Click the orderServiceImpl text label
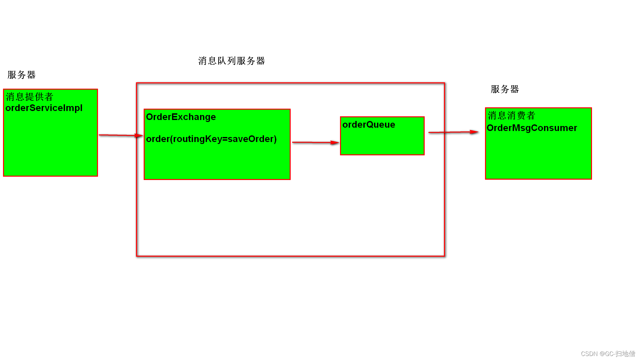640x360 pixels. coord(44,108)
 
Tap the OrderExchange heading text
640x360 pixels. coord(181,117)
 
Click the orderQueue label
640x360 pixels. coord(368,125)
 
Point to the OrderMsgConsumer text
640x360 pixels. coord(532,128)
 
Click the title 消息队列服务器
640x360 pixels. coord(231,61)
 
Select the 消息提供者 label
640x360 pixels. coord(29,97)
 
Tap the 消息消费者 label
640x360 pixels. coord(511,115)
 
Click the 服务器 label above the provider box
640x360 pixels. coord(21,75)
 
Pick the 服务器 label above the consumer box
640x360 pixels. coord(505,89)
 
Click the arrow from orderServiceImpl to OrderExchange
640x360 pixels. coord(120,135)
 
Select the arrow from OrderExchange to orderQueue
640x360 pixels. coord(315,142)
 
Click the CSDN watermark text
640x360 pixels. coord(608,354)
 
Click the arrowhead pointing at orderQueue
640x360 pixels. coord(335,143)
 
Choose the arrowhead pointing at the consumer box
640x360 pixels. coord(474,132)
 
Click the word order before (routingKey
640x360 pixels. coord(158,139)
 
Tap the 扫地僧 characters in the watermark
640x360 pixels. coord(625,354)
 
